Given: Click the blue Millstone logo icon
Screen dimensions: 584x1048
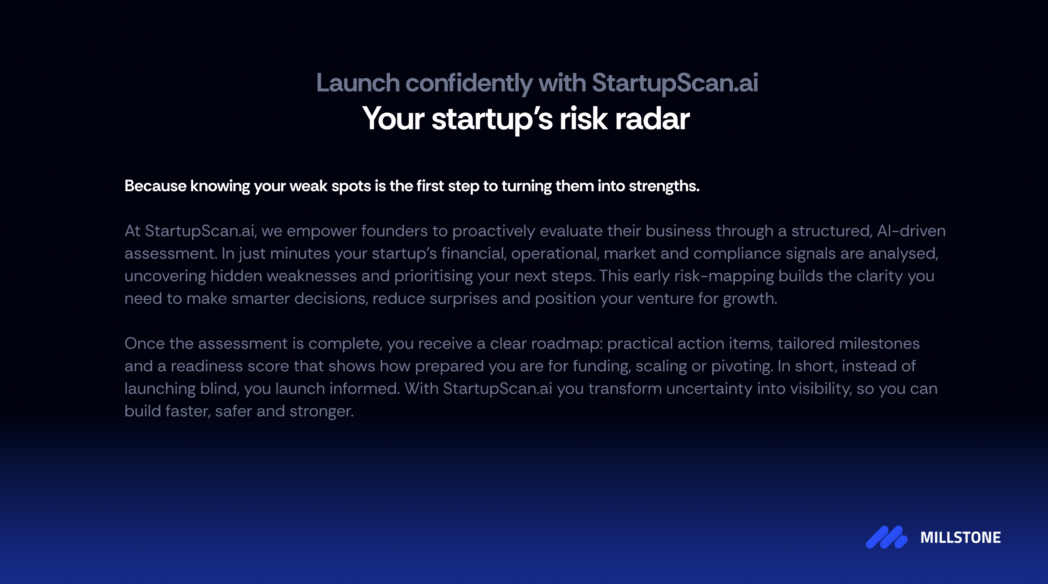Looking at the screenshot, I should (887, 537).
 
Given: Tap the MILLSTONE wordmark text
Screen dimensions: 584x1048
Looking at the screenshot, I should (960, 538).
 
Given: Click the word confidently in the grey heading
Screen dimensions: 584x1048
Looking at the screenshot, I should (469, 83).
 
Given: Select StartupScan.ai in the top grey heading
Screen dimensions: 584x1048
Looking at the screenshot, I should (675, 83).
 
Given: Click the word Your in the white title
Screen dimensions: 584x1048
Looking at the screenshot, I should (393, 119).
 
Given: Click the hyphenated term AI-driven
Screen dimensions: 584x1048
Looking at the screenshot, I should (911, 231).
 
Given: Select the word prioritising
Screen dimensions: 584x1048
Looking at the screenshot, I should (433, 276).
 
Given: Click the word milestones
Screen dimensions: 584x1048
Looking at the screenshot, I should (879, 344).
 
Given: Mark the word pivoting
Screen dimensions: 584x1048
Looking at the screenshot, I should (741, 366).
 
